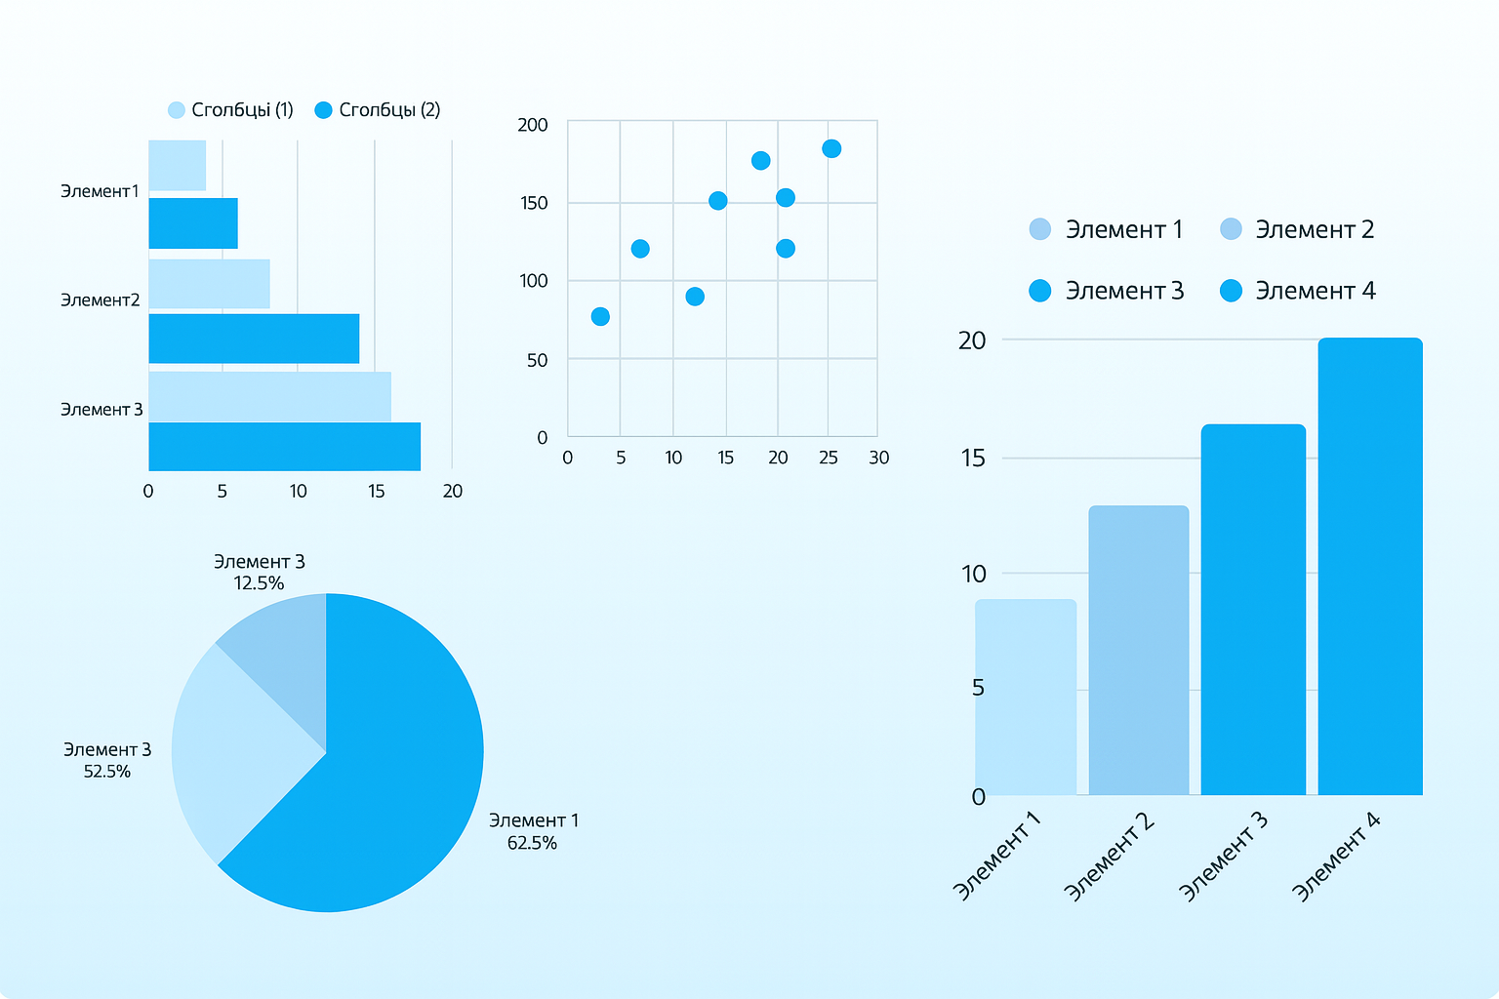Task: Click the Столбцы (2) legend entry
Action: [x=379, y=110]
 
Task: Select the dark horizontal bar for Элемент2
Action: [x=254, y=339]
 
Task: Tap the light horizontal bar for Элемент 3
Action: [x=269, y=396]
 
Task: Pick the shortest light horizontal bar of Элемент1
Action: [x=177, y=166]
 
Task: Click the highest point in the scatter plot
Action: [x=831, y=148]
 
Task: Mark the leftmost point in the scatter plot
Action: [x=600, y=316]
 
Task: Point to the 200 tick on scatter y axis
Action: [x=533, y=125]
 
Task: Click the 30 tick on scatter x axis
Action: [x=878, y=458]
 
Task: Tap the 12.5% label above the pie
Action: [x=259, y=583]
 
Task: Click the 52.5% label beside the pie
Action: [x=107, y=771]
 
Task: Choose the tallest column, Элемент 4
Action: [x=1370, y=566]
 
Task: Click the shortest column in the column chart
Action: [x=1026, y=697]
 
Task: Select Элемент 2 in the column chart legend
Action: [x=1298, y=229]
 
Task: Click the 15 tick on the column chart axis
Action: [x=973, y=458]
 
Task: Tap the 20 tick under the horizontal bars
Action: [x=453, y=491]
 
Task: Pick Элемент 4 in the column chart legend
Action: [x=1298, y=291]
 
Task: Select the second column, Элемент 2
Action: [x=1139, y=650]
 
